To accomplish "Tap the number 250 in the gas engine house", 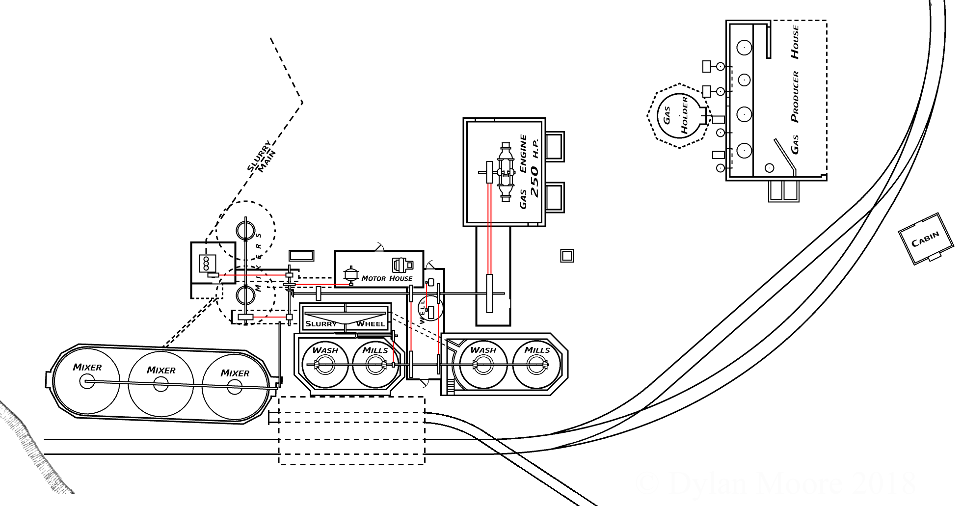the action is (x=534, y=182).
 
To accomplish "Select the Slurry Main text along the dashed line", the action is (x=262, y=157).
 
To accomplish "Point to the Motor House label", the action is (x=387, y=278).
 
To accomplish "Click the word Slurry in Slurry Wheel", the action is (x=321, y=324).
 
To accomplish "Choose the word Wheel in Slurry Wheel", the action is (x=371, y=324).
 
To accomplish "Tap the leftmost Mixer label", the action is (x=87, y=367).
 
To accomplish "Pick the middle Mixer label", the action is (x=161, y=370).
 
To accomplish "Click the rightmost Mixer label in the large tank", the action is (x=235, y=373).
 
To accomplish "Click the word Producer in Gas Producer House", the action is (x=795, y=97).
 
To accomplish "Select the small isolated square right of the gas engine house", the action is (x=567, y=256).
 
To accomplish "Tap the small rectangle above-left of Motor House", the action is (x=301, y=256).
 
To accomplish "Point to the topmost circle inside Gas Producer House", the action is (x=744, y=48).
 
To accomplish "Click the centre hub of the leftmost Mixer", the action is (x=87, y=381).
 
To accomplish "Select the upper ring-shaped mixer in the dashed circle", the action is (x=245, y=229).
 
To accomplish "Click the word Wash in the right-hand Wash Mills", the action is (x=483, y=350).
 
